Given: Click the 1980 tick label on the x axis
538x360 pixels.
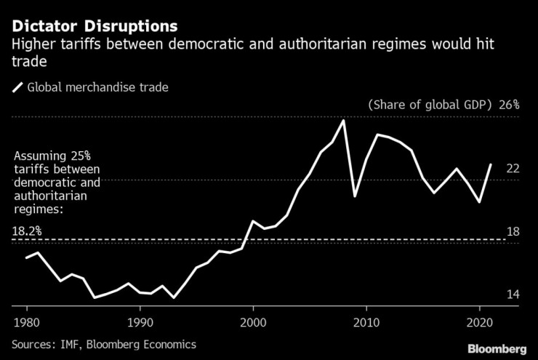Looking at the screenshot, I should click(26, 321).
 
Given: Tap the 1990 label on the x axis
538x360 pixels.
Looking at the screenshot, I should click(140, 321).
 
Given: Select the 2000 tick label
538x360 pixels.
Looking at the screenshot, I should click(253, 321).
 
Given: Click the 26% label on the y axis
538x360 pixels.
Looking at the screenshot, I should click(509, 105).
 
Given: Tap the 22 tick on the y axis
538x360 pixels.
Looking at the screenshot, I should click(513, 168).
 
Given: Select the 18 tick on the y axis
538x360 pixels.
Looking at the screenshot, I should click(513, 231).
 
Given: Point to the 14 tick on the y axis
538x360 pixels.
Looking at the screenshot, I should click(513, 295).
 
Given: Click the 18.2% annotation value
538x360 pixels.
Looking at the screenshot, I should click(27, 231).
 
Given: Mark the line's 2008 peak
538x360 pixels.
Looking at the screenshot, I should click(343, 121).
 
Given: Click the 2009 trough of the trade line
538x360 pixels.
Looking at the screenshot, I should click(355, 196).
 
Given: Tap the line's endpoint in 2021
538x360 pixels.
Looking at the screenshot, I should click(491, 164).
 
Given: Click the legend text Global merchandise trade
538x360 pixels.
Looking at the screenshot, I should click(97, 88).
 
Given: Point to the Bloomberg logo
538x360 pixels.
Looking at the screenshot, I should click(497, 348).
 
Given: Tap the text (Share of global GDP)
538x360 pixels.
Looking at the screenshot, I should click(431, 105).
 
